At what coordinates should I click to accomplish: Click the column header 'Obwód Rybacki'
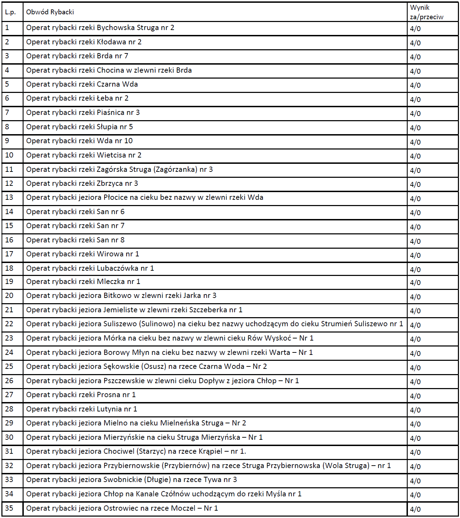[50, 12]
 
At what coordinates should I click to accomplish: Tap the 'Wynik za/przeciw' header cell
[426, 12]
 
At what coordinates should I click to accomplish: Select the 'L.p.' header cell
[10, 12]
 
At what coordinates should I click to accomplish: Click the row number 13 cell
[9, 198]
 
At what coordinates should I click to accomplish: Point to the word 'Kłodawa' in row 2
[111, 42]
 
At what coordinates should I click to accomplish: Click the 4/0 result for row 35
[415, 509]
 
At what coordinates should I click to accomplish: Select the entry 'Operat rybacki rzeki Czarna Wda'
[82, 85]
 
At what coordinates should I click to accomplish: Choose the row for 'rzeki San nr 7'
[75, 226]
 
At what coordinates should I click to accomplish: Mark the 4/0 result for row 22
[415, 325]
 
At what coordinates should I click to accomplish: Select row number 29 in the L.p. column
[9, 423]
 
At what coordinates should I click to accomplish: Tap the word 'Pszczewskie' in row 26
[124, 381]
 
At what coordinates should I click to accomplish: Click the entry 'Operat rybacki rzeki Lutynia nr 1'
[81, 409]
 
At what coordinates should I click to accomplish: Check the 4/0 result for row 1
[415, 29]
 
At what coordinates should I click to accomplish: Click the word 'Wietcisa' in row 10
[111, 155]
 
